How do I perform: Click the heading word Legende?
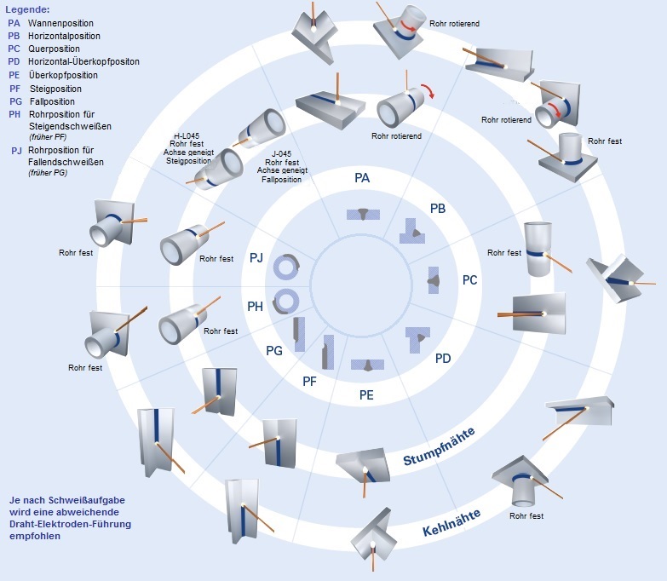27,9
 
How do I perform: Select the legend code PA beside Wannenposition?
14,23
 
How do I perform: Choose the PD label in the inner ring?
443,359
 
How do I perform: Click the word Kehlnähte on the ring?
451,521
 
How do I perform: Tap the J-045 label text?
285,154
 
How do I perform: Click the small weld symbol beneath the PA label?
364,214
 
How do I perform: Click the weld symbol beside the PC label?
434,279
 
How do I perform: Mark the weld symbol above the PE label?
366,364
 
